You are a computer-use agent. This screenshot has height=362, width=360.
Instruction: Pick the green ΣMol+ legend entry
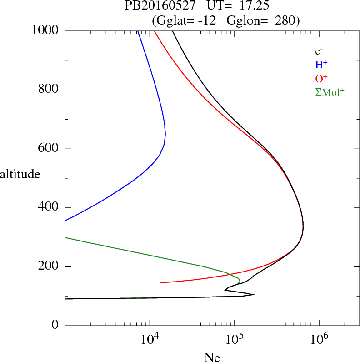[330, 92]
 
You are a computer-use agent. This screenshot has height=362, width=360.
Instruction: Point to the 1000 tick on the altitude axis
[46, 30]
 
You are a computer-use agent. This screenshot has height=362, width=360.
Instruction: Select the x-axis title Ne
[212, 357]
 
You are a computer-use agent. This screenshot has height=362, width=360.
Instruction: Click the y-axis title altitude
[20, 174]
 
